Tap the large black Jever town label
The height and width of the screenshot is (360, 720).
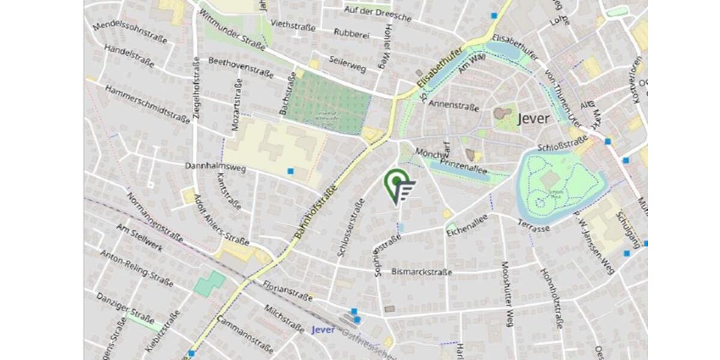(532, 118)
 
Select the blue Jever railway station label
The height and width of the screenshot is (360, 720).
(325, 330)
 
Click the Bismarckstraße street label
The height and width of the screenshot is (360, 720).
(421, 272)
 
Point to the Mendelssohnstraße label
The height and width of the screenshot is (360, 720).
(130, 34)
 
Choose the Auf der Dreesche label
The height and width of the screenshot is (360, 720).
(377, 13)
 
